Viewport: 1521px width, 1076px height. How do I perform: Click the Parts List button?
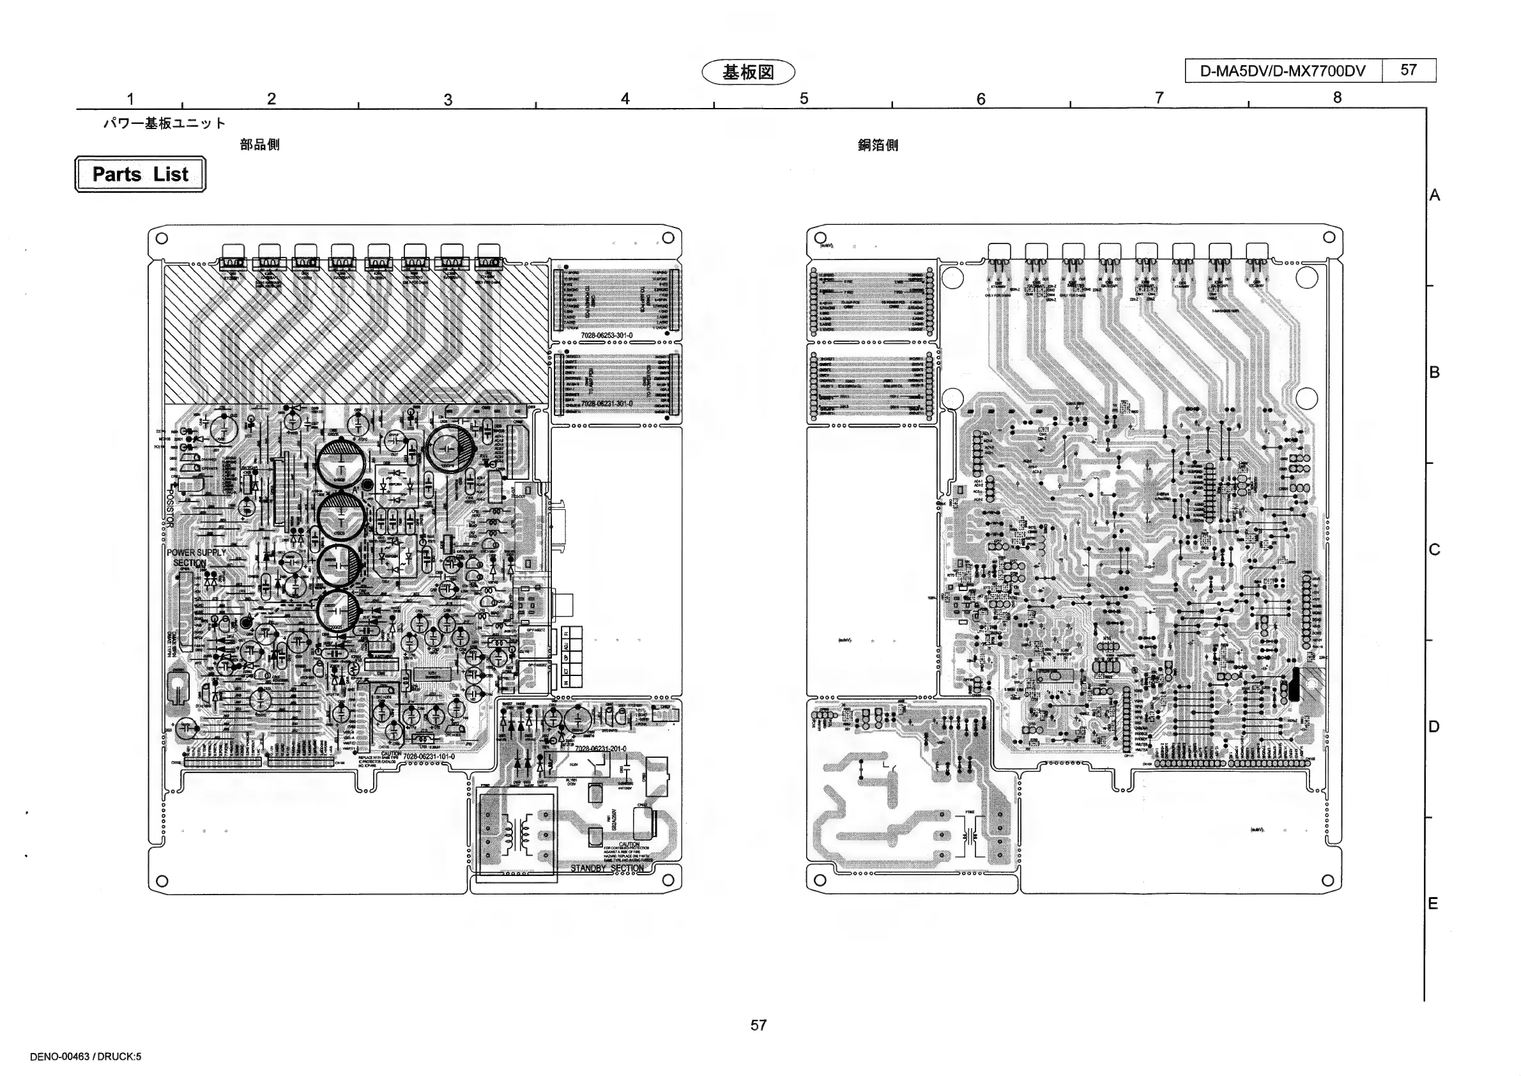(x=140, y=174)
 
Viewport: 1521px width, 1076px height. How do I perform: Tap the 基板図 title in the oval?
(x=748, y=72)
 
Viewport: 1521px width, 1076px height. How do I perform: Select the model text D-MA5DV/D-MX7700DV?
(x=1283, y=71)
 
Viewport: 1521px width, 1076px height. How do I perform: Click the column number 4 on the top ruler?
(x=625, y=99)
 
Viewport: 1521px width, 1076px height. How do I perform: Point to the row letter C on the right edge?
(x=1434, y=550)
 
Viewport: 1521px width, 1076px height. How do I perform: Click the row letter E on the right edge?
(x=1433, y=903)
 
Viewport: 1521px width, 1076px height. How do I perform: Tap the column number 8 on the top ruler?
(x=1337, y=97)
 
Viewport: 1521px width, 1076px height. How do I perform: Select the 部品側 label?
(x=260, y=144)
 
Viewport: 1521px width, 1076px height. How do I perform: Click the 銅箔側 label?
(x=878, y=145)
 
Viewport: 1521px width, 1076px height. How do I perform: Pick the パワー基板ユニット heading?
(x=164, y=123)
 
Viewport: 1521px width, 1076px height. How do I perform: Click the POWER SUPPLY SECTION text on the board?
(x=195, y=557)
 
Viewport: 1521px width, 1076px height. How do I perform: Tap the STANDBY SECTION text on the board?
(x=607, y=868)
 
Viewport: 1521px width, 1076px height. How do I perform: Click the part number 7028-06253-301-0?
(x=606, y=335)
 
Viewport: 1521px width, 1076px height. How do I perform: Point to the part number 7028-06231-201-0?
(x=600, y=749)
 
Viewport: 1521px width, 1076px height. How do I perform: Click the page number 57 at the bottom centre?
(x=758, y=1025)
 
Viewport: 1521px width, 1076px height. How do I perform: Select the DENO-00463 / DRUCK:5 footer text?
(x=86, y=1057)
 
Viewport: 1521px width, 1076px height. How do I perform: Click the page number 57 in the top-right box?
(x=1409, y=70)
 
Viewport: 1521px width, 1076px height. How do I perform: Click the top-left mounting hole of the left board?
(x=162, y=238)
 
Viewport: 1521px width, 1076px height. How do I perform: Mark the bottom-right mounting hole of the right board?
(x=1327, y=880)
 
